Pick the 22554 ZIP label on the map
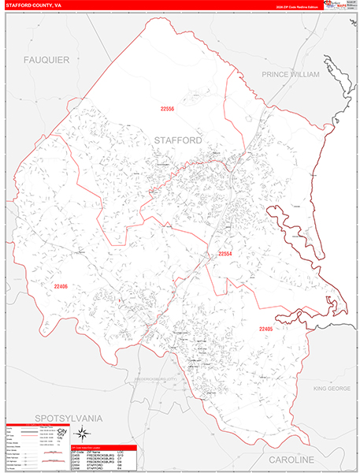click(225, 254)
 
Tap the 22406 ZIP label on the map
click(61, 286)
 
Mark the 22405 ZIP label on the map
click(268, 307)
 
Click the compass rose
click(82, 434)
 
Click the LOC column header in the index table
click(121, 449)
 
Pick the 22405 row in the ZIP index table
click(77, 453)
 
